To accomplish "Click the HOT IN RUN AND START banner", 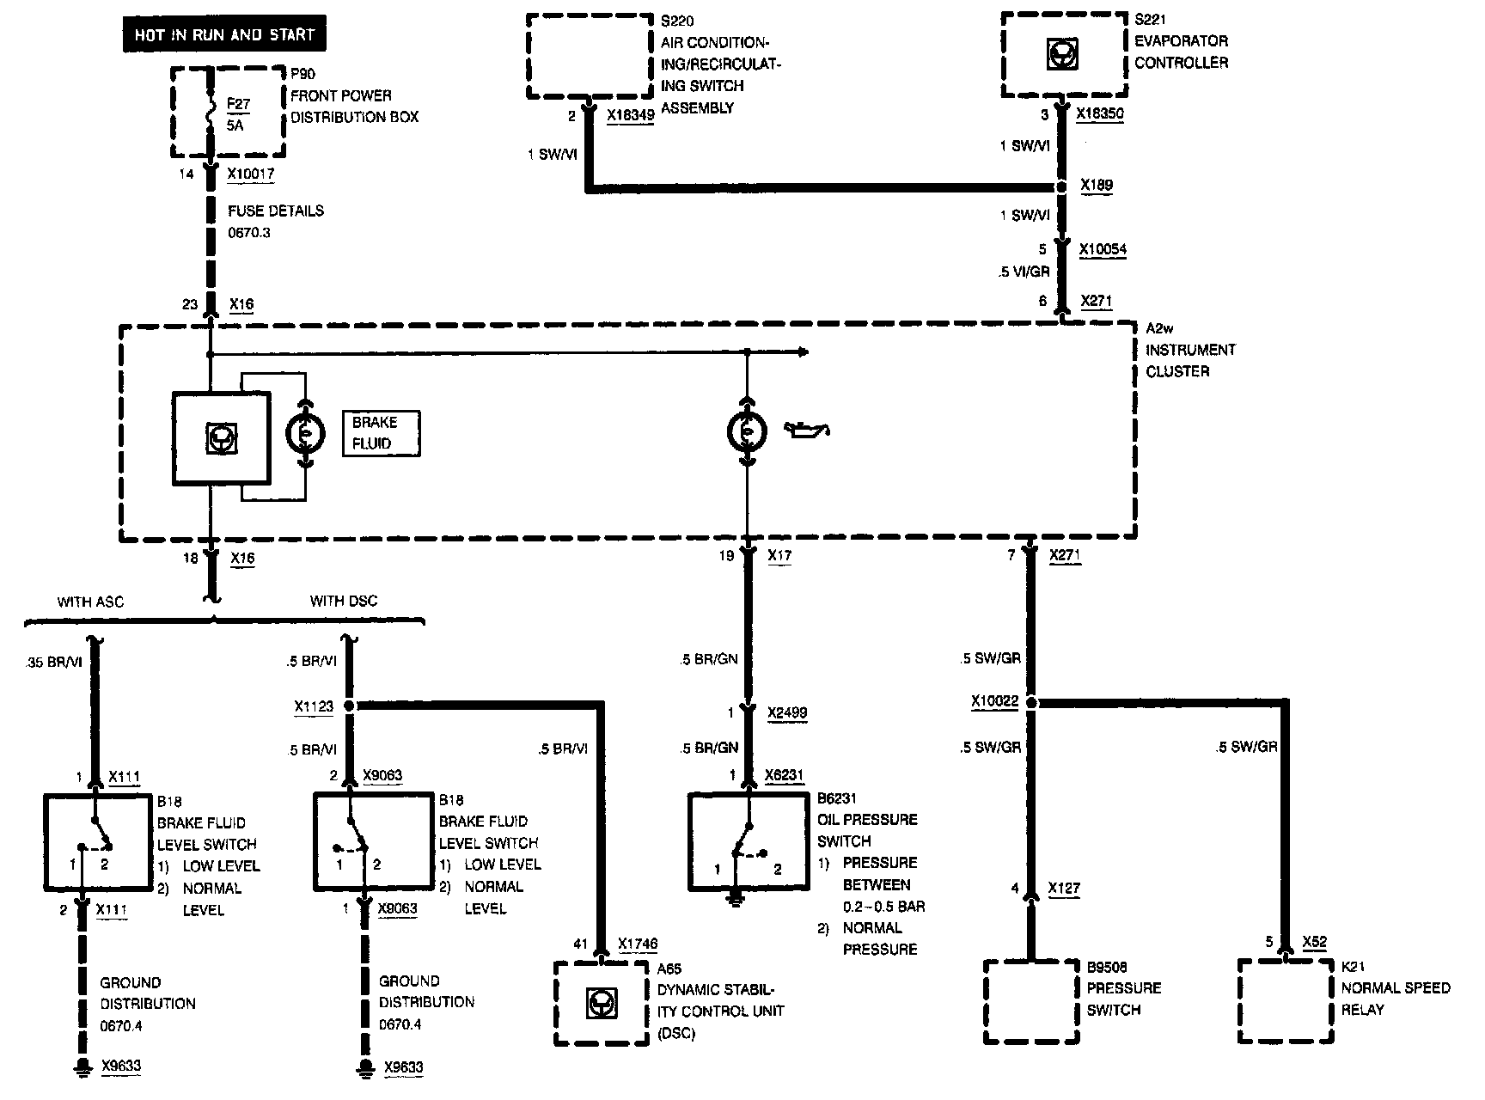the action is [223, 35].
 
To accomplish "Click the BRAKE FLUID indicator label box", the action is [381, 433].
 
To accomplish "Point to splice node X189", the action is [1062, 186].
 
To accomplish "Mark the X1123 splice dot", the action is [349, 706].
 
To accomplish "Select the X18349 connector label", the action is [630, 114].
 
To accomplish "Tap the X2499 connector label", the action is [788, 712].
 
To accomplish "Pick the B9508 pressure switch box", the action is [1030, 1002].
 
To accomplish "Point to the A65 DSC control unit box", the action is [601, 1003].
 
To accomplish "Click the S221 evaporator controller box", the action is [1064, 56].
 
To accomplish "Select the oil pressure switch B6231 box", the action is [748, 841].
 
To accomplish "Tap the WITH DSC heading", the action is [344, 601].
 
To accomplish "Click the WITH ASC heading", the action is [90, 602].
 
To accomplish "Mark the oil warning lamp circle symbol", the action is [748, 431].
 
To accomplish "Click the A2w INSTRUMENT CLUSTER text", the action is [1190, 349].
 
